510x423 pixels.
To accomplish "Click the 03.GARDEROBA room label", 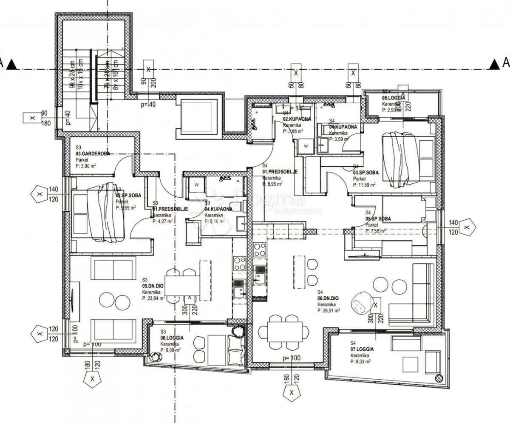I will [x=93, y=153].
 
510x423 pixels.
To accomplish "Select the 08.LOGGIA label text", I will [x=393, y=98].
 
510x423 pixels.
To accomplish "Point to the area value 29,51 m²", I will [x=329, y=311].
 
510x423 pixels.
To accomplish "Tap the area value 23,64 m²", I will [x=153, y=298].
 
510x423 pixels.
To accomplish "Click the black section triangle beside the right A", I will [x=494, y=64].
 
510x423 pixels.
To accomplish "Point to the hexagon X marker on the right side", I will [x=467, y=227].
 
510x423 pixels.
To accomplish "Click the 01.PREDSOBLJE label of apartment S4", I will [x=280, y=172].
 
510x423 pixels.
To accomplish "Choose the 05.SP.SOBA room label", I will [x=378, y=219].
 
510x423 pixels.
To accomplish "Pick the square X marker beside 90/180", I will [x=32, y=118].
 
